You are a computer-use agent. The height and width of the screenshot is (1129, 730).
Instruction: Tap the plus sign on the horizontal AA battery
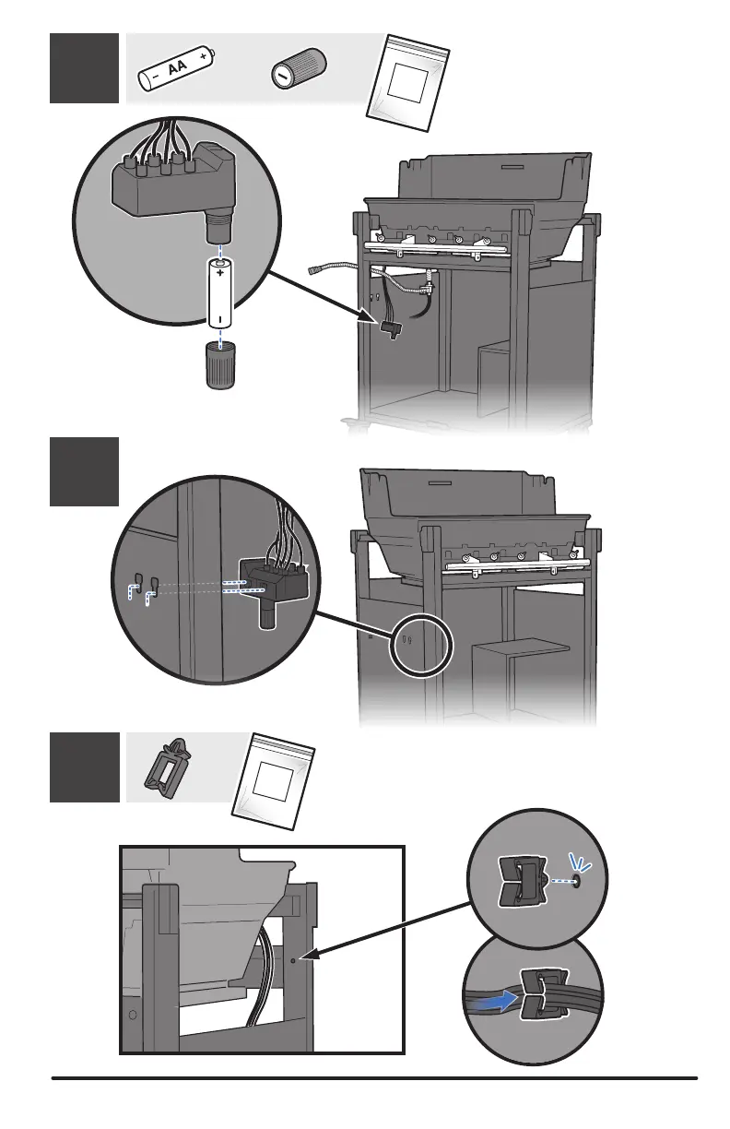(201, 56)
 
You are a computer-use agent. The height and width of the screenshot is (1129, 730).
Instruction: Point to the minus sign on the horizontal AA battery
(154, 77)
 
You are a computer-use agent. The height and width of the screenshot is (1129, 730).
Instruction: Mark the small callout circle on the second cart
(421, 647)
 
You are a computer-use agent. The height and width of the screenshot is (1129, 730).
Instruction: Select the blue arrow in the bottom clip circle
(500, 998)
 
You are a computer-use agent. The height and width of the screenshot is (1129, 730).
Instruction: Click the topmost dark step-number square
(84, 67)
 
